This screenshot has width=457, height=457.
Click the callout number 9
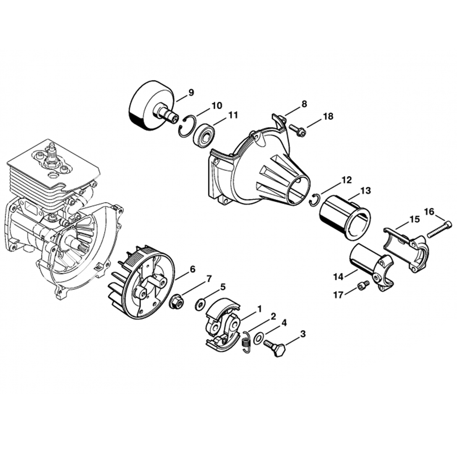[191, 93]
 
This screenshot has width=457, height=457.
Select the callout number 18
[328, 117]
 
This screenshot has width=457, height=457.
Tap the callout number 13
[366, 190]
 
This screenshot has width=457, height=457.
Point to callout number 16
[429, 211]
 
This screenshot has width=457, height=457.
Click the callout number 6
[192, 269]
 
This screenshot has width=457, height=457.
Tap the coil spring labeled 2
[245, 342]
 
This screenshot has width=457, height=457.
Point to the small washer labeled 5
[200, 305]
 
